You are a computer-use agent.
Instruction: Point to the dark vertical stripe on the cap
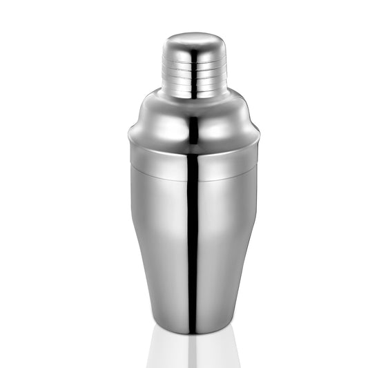pos(194,69)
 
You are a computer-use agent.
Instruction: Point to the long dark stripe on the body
pos(193,249)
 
